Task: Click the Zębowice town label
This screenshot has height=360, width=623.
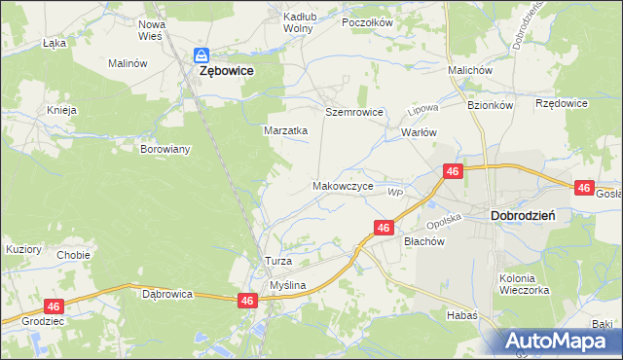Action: [227, 71]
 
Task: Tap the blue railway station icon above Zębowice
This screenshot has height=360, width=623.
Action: [202, 56]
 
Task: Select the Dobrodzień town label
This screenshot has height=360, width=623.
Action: [523, 216]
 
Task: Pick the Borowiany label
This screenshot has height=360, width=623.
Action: [165, 150]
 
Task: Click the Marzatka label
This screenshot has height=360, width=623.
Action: [286, 129]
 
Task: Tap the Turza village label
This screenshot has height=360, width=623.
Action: [278, 262]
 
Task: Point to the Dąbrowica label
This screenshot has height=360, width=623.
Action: [168, 293]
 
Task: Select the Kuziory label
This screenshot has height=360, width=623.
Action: [23, 249]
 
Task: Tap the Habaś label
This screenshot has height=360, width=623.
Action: [462, 314]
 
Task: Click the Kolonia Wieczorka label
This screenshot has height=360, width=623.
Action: [525, 284]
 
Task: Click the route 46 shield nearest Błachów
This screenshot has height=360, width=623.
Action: [384, 228]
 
